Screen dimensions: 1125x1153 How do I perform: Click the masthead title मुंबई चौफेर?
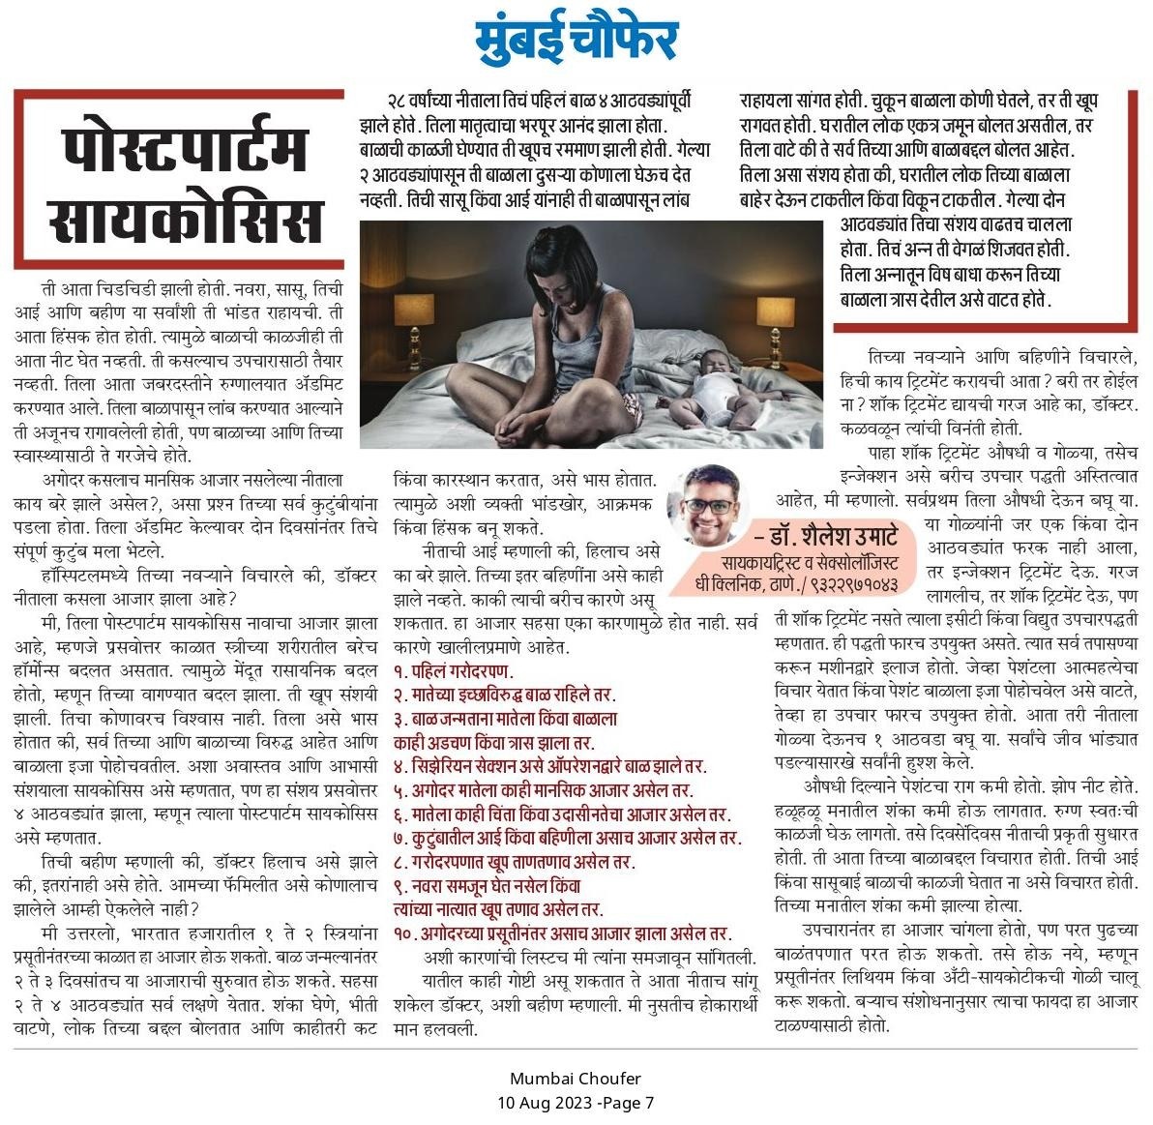point(576,41)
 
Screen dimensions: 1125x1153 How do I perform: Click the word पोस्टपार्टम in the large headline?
point(179,148)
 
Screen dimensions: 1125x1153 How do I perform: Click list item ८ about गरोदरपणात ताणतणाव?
point(513,861)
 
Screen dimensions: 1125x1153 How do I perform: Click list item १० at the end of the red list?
point(561,933)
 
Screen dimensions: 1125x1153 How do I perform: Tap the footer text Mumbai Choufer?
point(576,1079)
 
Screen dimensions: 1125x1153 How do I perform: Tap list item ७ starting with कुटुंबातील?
point(567,837)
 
